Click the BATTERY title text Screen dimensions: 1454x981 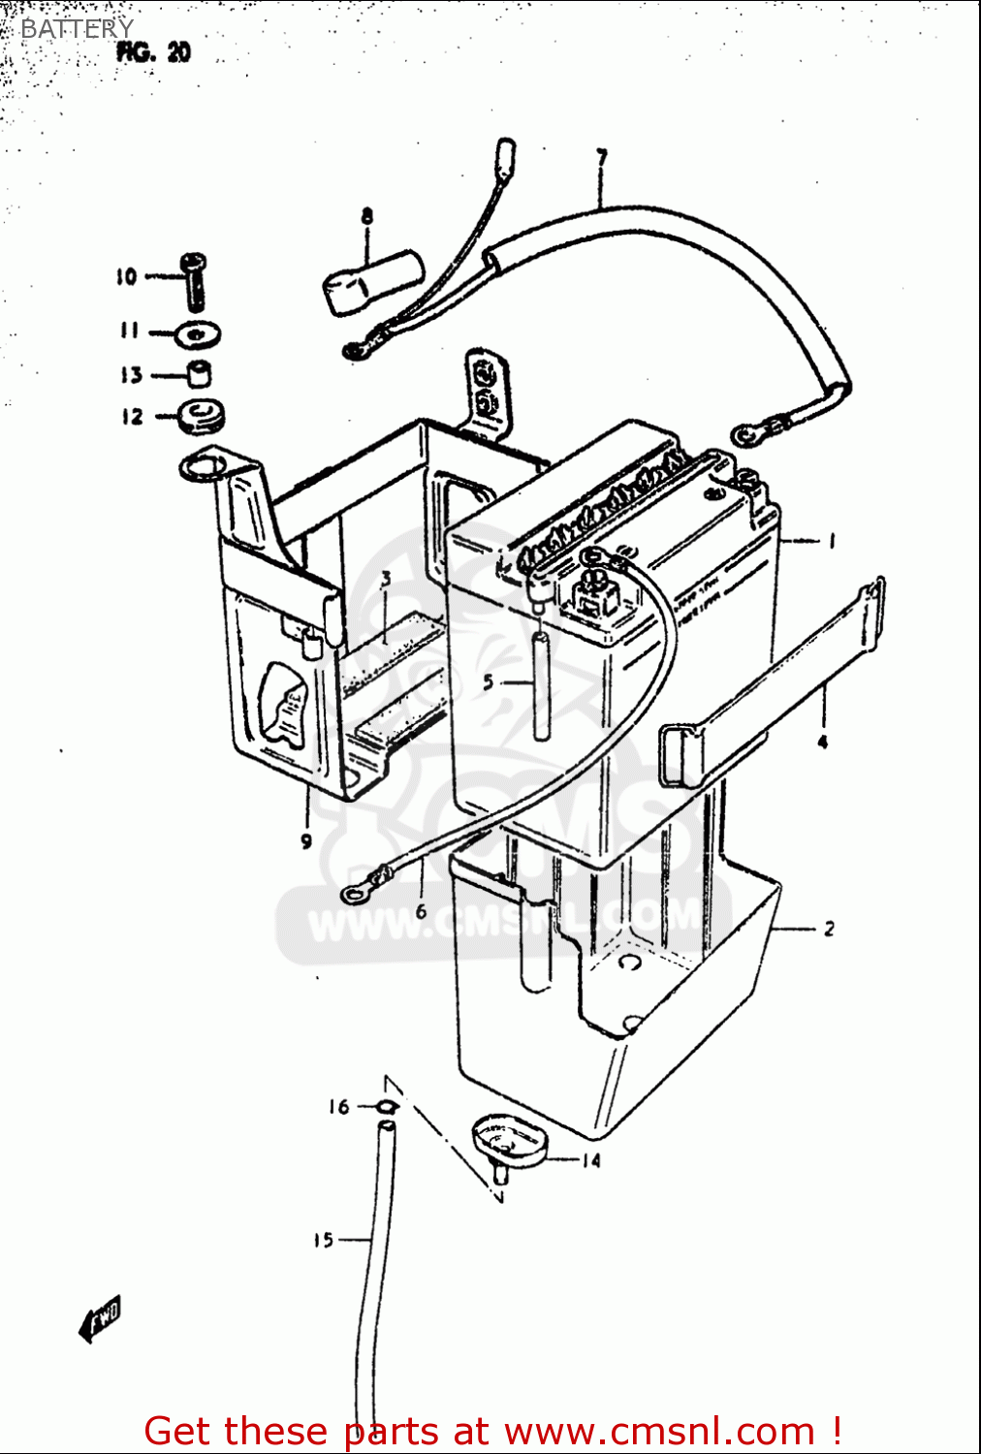[76, 29]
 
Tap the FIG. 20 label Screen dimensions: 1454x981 [153, 52]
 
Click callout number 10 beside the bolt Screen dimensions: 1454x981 [127, 277]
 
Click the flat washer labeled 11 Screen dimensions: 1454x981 [198, 334]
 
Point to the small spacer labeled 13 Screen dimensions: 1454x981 [199, 373]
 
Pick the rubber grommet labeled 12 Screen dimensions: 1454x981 [202, 416]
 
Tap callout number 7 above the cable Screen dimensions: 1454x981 [601, 157]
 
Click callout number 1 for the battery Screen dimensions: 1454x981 [831, 541]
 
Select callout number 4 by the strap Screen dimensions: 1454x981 [822, 743]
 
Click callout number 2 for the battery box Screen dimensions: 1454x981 [829, 929]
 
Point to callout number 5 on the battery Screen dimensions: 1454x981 [489, 682]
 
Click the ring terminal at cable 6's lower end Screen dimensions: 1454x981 [356, 891]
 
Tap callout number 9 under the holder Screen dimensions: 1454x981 [306, 841]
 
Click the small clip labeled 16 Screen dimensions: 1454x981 [386, 1107]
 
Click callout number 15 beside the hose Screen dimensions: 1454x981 [323, 1240]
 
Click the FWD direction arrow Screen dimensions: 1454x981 [101, 1319]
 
